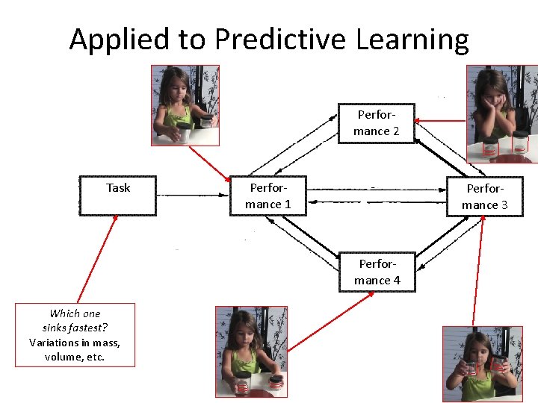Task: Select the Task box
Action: (118, 196)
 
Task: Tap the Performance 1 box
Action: (268, 196)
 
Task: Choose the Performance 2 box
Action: (377, 123)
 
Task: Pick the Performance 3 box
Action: (484, 196)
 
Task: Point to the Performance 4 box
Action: (377, 272)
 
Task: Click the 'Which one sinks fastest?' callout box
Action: (75, 334)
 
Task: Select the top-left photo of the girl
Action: (185, 105)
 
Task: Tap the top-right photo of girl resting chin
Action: (501, 113)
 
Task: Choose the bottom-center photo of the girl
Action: (250, 351)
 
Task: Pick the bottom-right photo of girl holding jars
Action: (482, 364)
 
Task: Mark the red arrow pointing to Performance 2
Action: (441, 120)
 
